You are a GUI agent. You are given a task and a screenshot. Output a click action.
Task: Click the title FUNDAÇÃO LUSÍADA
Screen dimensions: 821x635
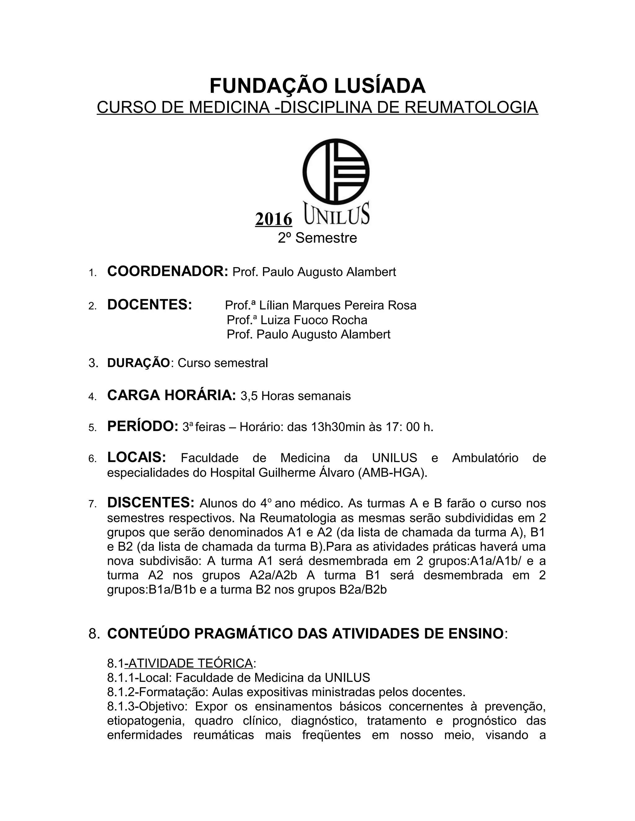tap(317, 86)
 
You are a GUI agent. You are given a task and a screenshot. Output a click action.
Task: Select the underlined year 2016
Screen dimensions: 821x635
tap(273, 219)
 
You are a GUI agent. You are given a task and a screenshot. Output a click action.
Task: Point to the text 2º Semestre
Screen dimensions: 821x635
tap(317, 238)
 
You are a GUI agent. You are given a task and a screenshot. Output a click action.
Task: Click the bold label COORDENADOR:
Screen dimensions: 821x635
tap(168, 271)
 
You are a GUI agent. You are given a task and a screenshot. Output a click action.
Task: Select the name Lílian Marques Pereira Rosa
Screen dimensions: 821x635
tap(338, 305)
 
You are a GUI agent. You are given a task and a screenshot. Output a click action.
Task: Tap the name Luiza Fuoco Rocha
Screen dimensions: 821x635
tap(313, 320)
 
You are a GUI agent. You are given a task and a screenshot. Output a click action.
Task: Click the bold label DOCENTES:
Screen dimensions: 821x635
tap(150, 305)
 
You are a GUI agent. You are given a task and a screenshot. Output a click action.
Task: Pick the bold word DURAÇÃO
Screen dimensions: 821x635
tap(138, 363)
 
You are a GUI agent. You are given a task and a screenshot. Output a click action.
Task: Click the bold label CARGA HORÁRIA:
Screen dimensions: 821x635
tap(171, 395)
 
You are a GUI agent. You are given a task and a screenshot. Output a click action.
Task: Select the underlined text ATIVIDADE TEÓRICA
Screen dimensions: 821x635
tap(190, 663)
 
